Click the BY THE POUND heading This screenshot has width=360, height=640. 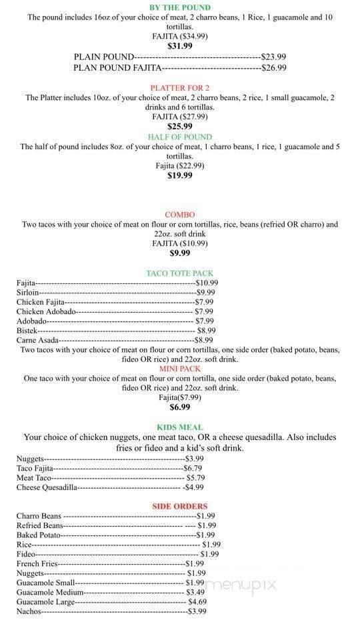pos(179,8)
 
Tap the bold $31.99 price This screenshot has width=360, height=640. pos(179,46)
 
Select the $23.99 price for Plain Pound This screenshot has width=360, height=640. pos(273,57)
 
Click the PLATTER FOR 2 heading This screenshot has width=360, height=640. pos(179,87)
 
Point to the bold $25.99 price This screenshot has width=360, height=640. pos(179,126)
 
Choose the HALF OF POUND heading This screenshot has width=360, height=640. pos(179,137)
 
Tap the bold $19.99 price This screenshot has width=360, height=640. pos(179,175)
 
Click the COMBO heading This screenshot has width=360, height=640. pos(179,215)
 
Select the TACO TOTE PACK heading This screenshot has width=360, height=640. pos(179,273)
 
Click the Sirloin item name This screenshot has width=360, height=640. pos(28,292)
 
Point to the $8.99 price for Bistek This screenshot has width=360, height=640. pos(206,331)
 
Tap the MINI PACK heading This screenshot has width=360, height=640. pos(179,369)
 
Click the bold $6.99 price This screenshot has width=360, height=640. pos(179,407)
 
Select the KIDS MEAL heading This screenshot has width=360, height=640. pos(179,427)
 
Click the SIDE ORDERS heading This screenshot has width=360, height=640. pos(179,506)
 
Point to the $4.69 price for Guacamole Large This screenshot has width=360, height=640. pos(197,601)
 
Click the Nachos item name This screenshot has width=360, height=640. pos(29,611)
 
